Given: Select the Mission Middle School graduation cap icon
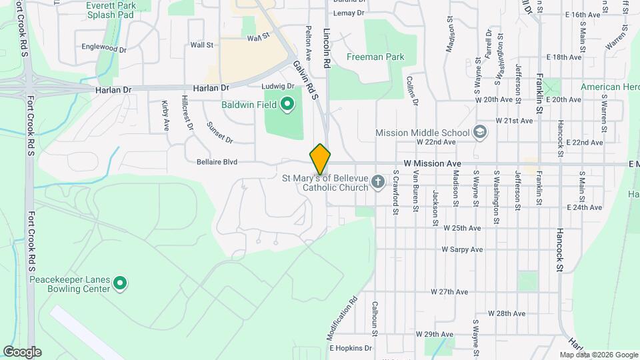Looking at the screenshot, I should (479, 132).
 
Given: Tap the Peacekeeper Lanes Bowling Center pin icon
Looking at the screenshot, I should (120, 284).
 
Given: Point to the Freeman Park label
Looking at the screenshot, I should (375, 57).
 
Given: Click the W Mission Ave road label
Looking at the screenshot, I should (432, 163).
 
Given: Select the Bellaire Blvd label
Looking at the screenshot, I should (218, 162).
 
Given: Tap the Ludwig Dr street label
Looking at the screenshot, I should (277, 87).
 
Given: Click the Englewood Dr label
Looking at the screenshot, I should (103, 49).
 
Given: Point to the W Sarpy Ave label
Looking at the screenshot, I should (462, 249).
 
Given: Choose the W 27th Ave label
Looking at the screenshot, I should (450, 292).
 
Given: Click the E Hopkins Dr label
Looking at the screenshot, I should (350, 348).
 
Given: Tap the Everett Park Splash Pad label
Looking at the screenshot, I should (111, 9).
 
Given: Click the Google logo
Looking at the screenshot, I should (22, 352).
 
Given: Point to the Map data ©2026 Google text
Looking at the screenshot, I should (599, 355).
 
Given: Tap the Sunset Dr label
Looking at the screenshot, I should (219, 133).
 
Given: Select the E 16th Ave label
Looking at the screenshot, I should (583, 15).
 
